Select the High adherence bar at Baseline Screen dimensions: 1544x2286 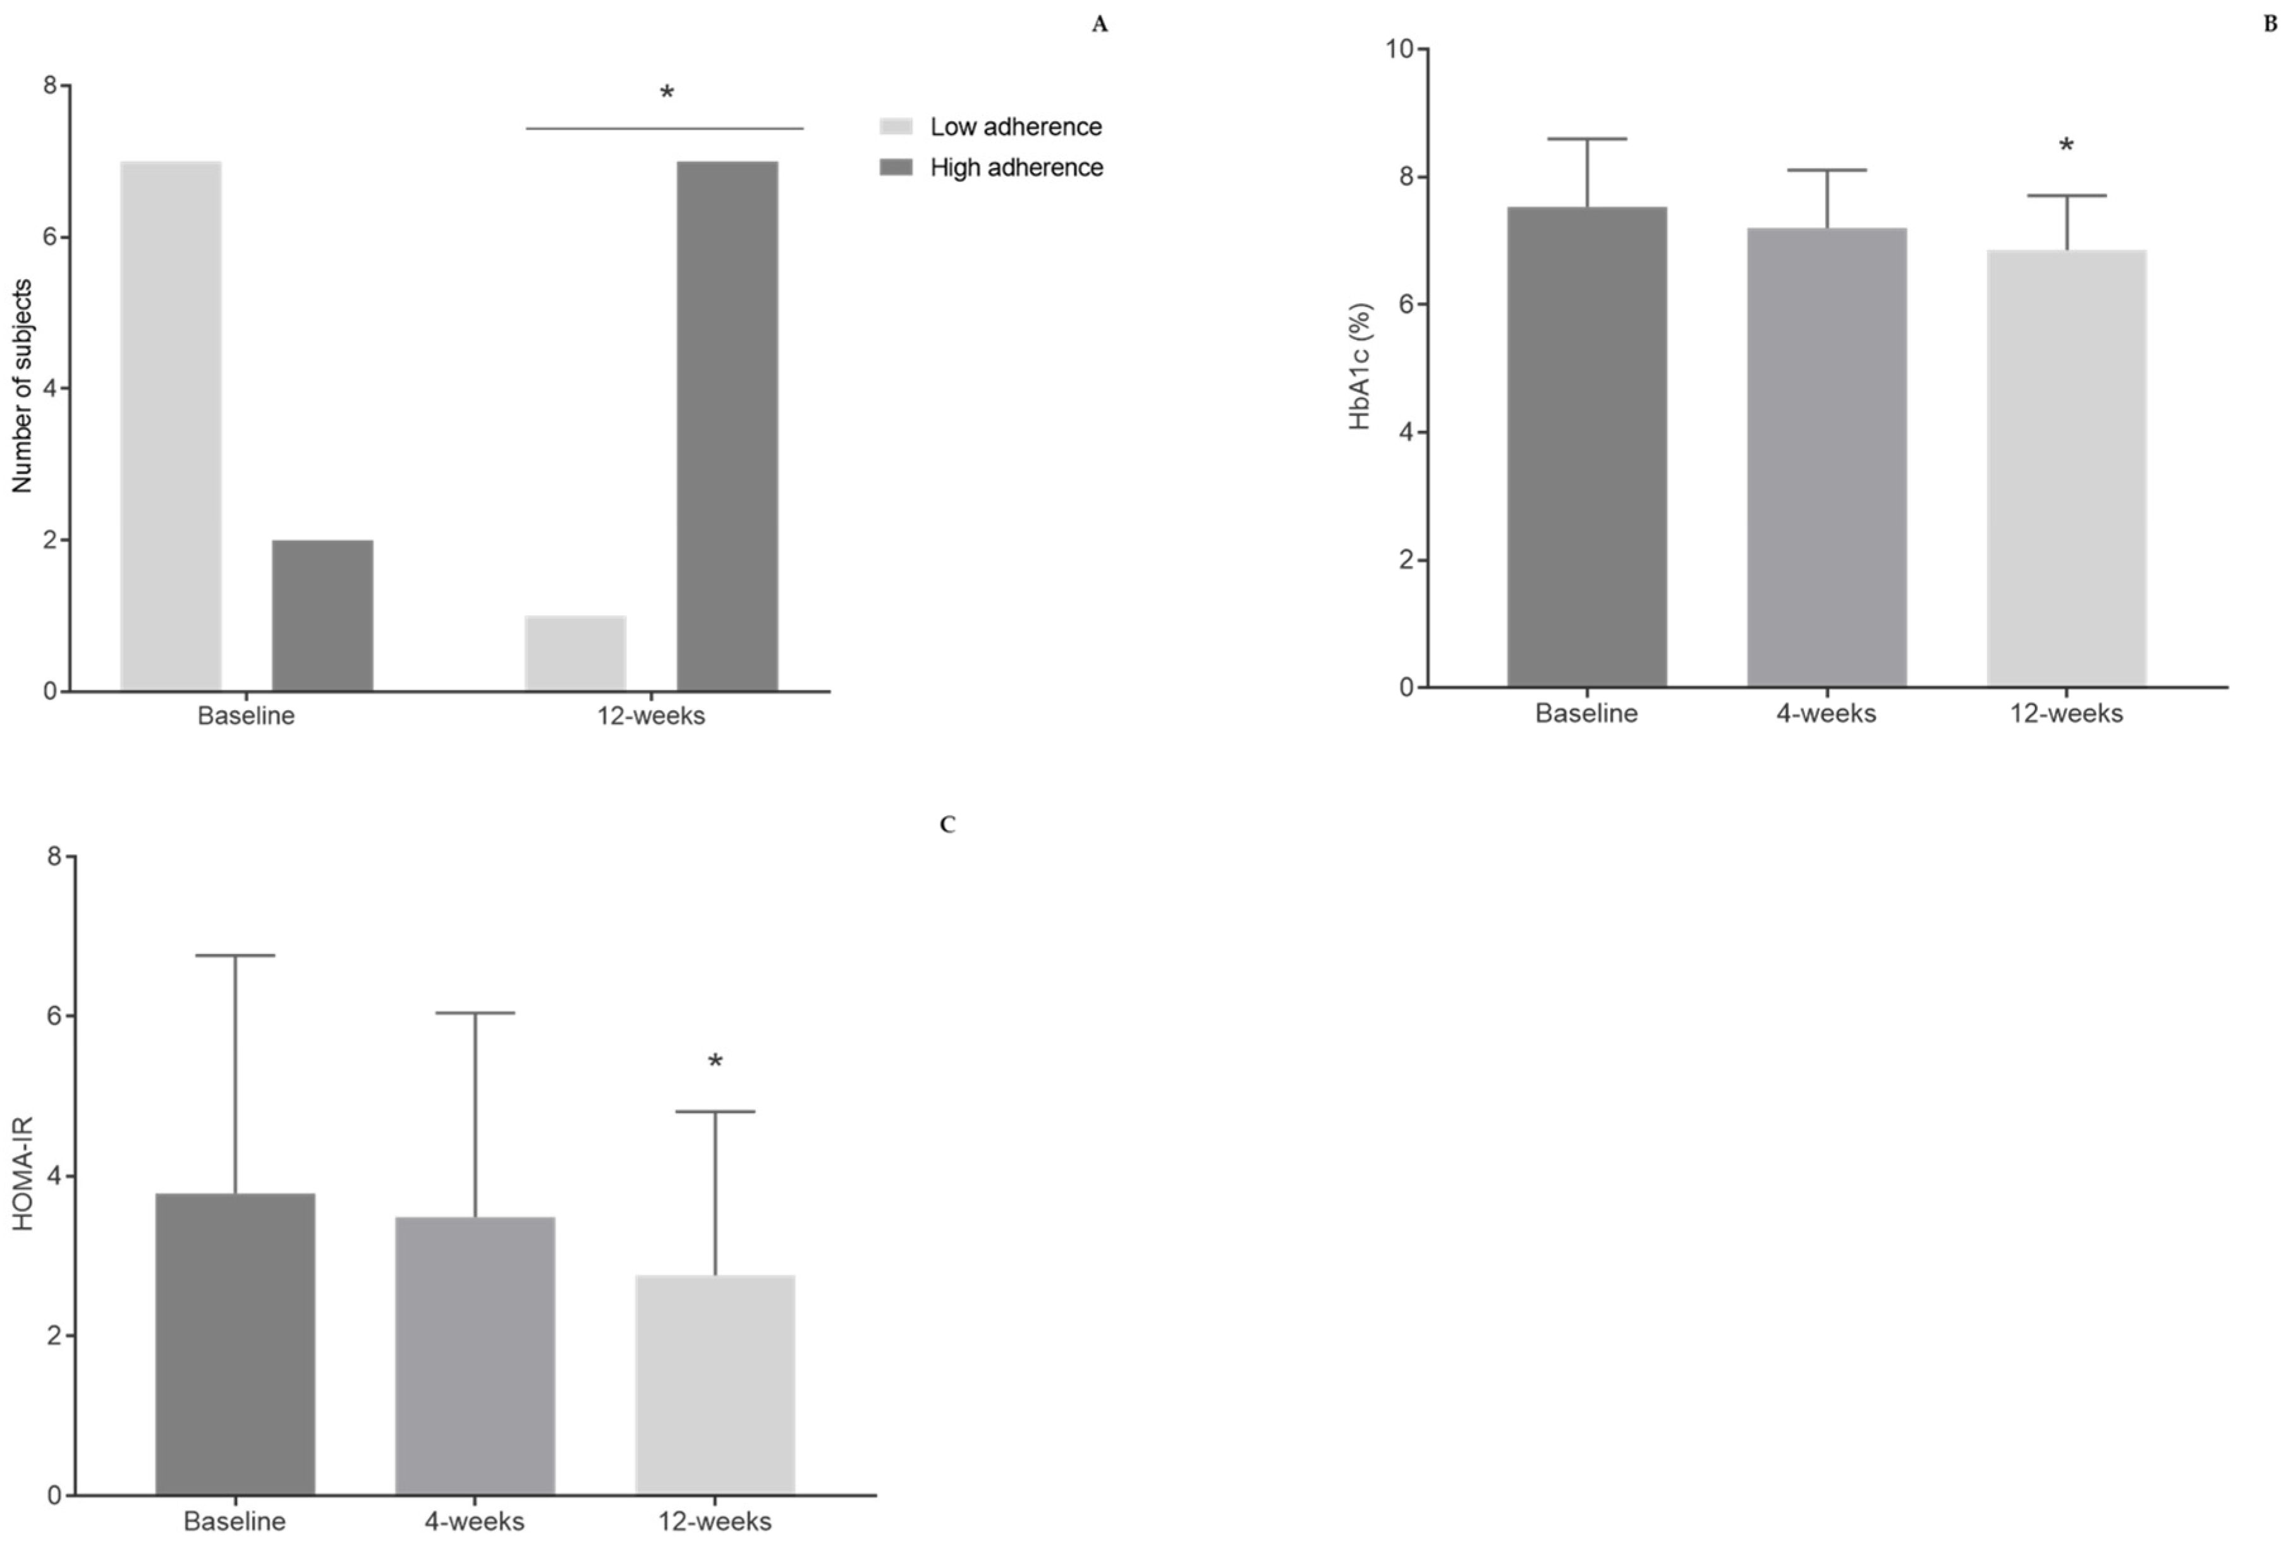[322, 615]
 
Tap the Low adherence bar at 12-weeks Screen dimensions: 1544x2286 [575, 653]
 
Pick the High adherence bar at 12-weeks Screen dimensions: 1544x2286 [727, 426]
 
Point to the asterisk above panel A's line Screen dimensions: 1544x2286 [667, 94]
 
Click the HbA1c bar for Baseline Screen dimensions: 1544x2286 [1586, 447]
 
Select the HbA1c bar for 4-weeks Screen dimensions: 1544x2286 [1827, 457]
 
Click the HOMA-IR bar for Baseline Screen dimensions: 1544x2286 [235, 1344]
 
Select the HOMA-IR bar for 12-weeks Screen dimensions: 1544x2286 [715, 1385]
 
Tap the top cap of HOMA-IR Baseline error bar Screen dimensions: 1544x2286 [235, 955]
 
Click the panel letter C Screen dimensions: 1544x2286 [947, 825]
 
